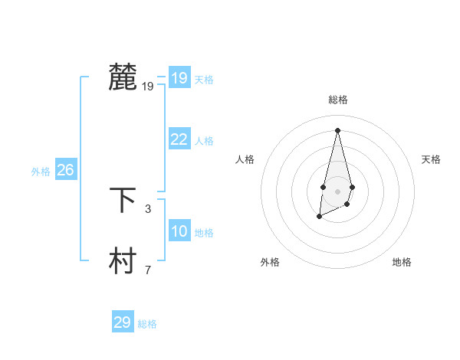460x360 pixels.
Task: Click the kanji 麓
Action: (x=123, y=78)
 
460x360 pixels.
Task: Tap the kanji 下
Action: (x=123, y=200)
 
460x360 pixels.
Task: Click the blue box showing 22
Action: (x=179, y=139)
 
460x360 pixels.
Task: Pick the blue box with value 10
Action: (x=179, y=231)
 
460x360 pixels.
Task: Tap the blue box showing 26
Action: (x=65, y=170)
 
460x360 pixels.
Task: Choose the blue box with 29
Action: (x=122, y=322)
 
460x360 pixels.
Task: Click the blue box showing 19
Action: (x=179, y=78)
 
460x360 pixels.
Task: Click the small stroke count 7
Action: (x=148, y=270)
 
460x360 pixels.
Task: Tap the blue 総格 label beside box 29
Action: (x=147, y=325)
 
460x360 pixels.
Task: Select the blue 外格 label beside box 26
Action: (x=41, y=172)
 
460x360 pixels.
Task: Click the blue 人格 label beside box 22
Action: (x=204, y=142)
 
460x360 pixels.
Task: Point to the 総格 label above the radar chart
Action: (x=337, y=100)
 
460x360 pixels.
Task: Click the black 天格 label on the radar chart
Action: (x=432, y=159)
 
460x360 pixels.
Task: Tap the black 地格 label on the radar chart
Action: (x=402, y=262)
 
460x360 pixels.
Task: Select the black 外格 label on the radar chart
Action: (x=270, y=262)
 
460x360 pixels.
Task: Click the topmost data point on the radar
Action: (x=337, y=129)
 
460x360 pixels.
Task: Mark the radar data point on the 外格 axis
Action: (x=319, y=218)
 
